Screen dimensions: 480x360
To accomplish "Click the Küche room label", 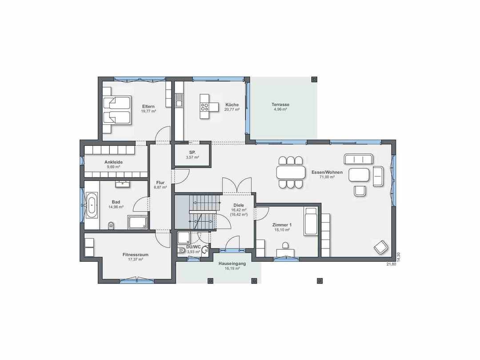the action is pos(232,104).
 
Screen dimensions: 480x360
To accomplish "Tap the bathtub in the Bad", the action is pos(92,205).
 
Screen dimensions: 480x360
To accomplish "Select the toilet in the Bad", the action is pos(111,225).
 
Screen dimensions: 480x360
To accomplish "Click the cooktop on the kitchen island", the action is pos(204,107).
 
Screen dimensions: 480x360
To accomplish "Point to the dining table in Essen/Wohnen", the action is pos(291,172).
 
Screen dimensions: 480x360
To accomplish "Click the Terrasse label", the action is pos(280,104).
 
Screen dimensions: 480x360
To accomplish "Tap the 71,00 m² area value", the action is pos(327,177).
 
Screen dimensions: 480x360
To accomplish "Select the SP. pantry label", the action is pos(192,152).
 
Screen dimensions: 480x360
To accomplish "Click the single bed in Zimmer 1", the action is pos(311,221).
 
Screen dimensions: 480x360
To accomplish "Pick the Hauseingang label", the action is pos(232,263).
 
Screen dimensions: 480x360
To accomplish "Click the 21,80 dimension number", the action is pos(391,264).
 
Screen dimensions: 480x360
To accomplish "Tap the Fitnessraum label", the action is pos(135,254).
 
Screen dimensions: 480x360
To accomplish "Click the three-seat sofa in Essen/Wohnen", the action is pos(359,159).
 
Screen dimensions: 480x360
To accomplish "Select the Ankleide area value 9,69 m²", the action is pos(113,167).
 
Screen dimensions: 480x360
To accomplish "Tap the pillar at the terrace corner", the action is pos(314,79).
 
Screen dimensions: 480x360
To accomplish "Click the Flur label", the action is pos(160,183).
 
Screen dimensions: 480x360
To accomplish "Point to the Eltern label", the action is pos(148,107).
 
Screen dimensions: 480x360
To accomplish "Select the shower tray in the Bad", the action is pos(138,222).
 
